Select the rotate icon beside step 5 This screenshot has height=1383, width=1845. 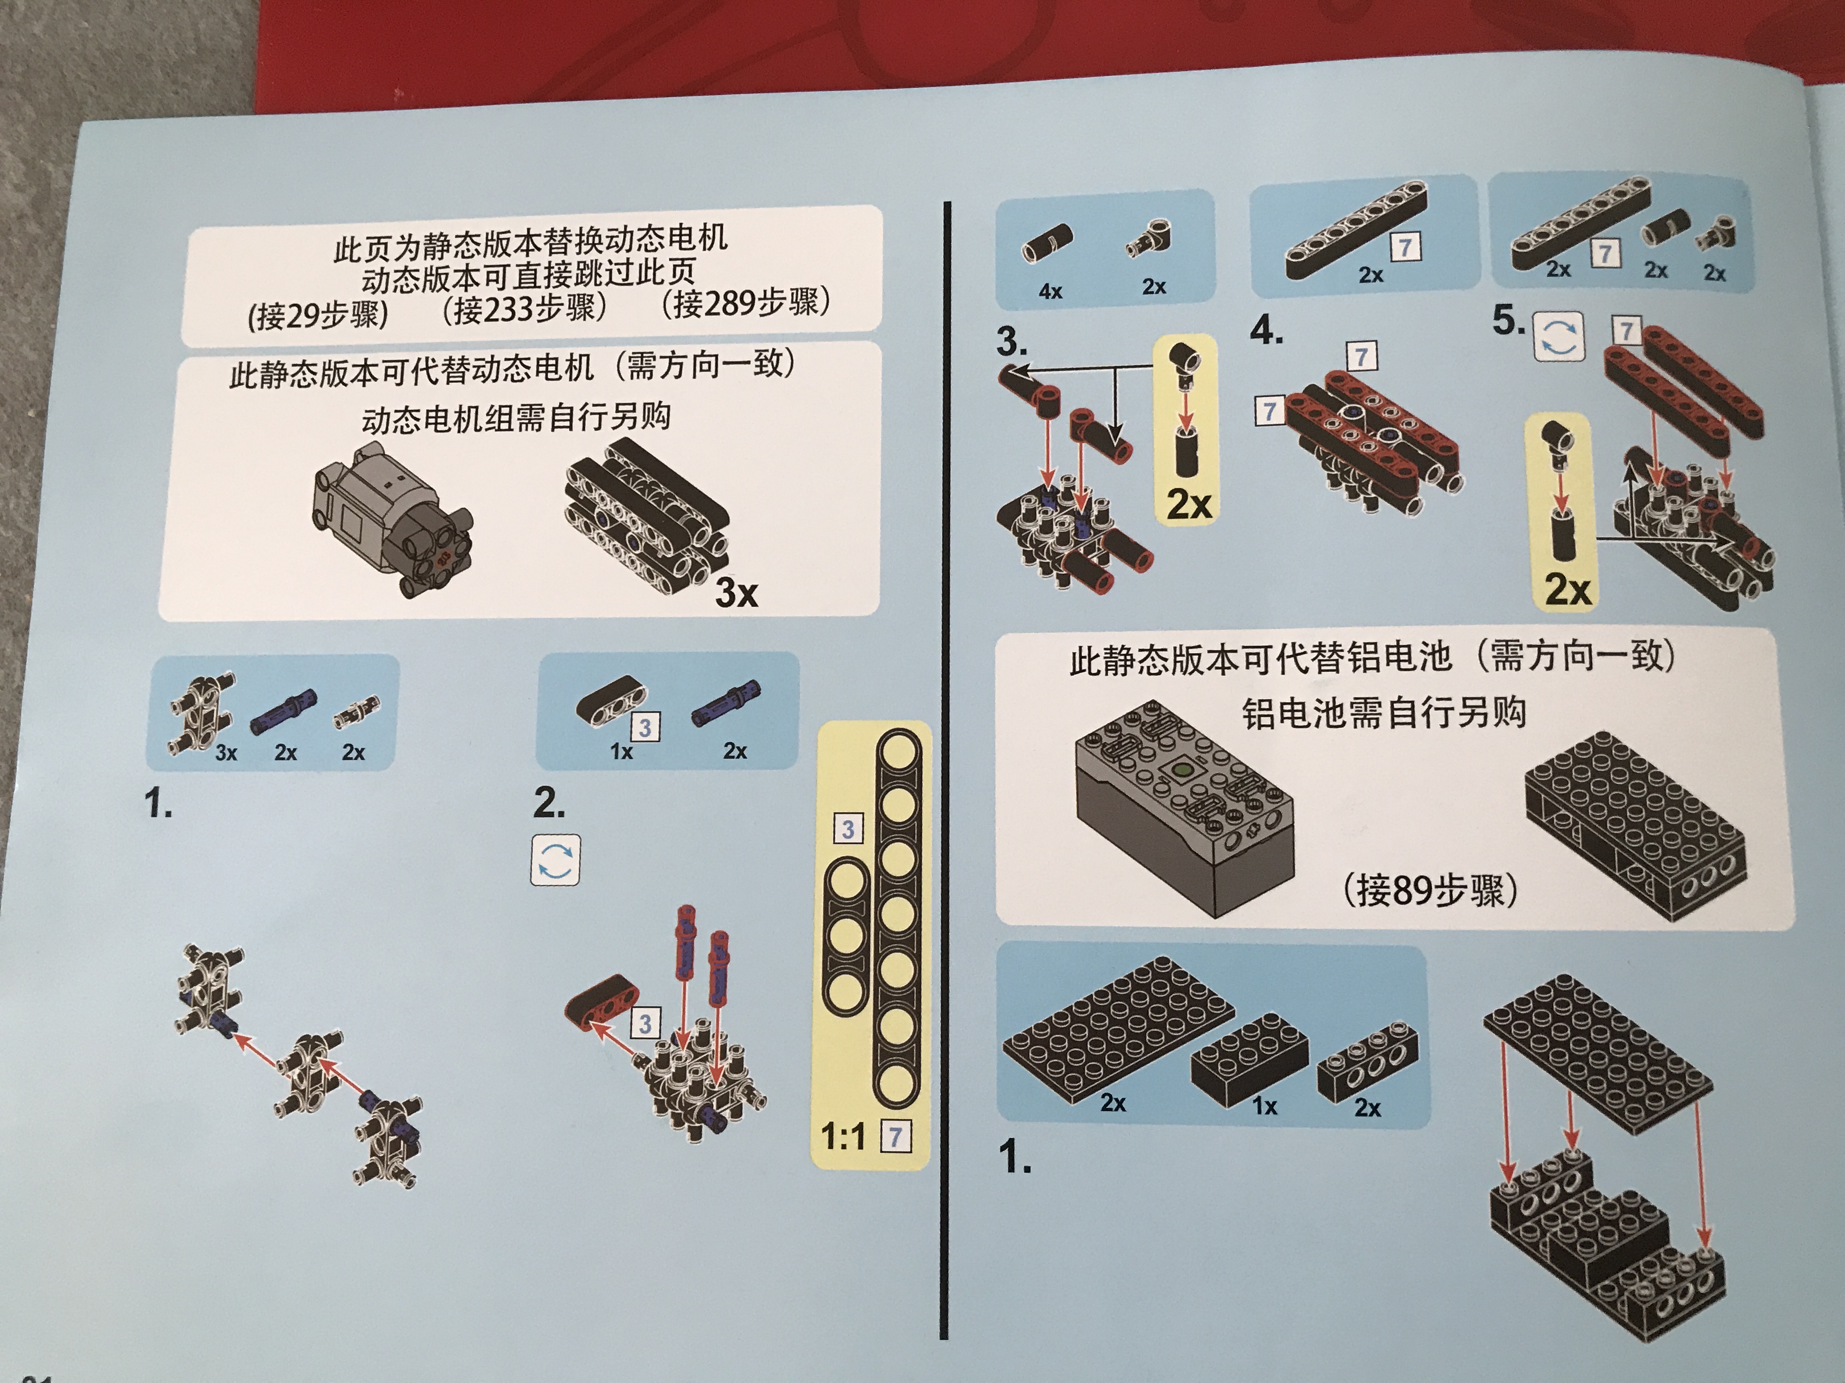click(1558, 337)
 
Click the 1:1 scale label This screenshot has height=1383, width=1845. click(843, 1136)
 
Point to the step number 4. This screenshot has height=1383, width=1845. click(1266, 331)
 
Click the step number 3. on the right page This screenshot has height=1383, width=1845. click(1012, 342)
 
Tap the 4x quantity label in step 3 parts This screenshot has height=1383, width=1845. click(1050, 291)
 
